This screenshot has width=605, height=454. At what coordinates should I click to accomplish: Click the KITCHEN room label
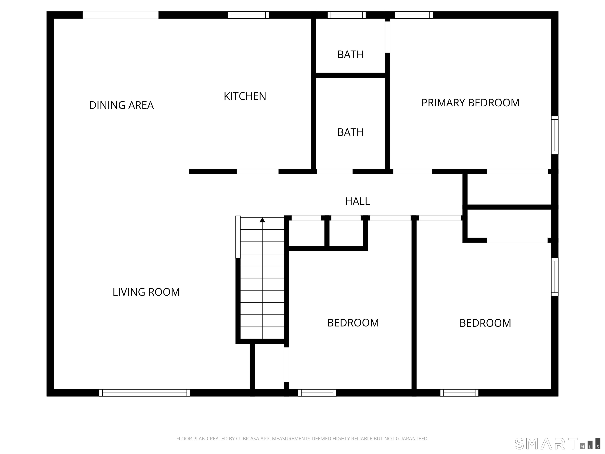(x=245, y=96)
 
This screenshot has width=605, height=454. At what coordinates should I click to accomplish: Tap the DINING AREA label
(x=122, y=105)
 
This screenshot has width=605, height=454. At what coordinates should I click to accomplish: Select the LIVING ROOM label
(x=146, y=292)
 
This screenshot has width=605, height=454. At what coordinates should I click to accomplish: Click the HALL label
(x=357, y=201)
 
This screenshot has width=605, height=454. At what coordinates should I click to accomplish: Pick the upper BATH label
(x=350, y=55)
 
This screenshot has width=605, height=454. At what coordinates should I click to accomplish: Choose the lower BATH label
(x=350, y=132)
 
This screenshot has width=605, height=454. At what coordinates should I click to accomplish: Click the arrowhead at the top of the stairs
(x=262, y=220)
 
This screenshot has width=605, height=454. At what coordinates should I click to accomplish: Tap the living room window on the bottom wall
(x=144, y=393)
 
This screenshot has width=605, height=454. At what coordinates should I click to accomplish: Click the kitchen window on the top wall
(x=248, y=15)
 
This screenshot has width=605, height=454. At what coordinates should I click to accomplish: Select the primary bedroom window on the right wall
(x=555, y=135)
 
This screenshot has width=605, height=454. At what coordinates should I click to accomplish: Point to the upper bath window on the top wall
(x=347, y=15)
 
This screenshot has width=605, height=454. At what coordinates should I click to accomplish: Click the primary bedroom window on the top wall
(x=414, y=15)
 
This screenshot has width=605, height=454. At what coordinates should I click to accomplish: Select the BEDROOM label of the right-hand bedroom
(x=485, y=323)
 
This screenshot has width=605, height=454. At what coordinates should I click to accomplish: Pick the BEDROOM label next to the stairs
(x=353, y=323)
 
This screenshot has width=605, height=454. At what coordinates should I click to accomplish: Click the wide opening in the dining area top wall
(x=121, y=15)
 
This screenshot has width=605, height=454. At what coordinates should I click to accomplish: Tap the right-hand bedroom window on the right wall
(x=555, y=277)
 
